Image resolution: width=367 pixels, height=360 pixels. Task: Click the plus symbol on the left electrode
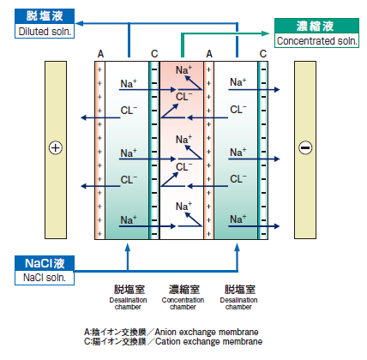click(x=56, y=148)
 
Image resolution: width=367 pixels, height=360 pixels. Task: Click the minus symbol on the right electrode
click(x=305, y=147)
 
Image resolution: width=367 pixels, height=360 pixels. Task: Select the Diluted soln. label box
click(x=45, y=23)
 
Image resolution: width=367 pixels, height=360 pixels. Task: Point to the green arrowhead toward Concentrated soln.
click(x=266, y=33)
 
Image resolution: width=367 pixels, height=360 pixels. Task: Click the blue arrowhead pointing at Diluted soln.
click(x=79, y=23)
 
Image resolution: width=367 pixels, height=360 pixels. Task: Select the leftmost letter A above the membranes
click(x=100, y=54)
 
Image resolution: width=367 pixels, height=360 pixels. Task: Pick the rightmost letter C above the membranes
click(x=263, y=54)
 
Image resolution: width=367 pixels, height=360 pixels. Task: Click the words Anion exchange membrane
click(x=207, y=332)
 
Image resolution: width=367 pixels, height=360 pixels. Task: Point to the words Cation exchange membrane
click(x=209, y=341)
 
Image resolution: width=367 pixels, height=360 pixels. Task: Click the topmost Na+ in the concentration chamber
click(x=183, y=69)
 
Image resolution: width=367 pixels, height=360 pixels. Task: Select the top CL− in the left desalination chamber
click(x=129, y=110)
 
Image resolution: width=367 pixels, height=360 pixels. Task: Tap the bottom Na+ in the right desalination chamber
click(x=238, y=219)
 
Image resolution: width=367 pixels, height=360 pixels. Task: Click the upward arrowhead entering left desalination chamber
click(x=128, y=248)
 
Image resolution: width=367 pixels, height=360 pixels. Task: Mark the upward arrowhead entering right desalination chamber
click(x=237, y=248)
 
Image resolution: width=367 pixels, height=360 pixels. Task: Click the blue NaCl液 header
click(x=45, y=263)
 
